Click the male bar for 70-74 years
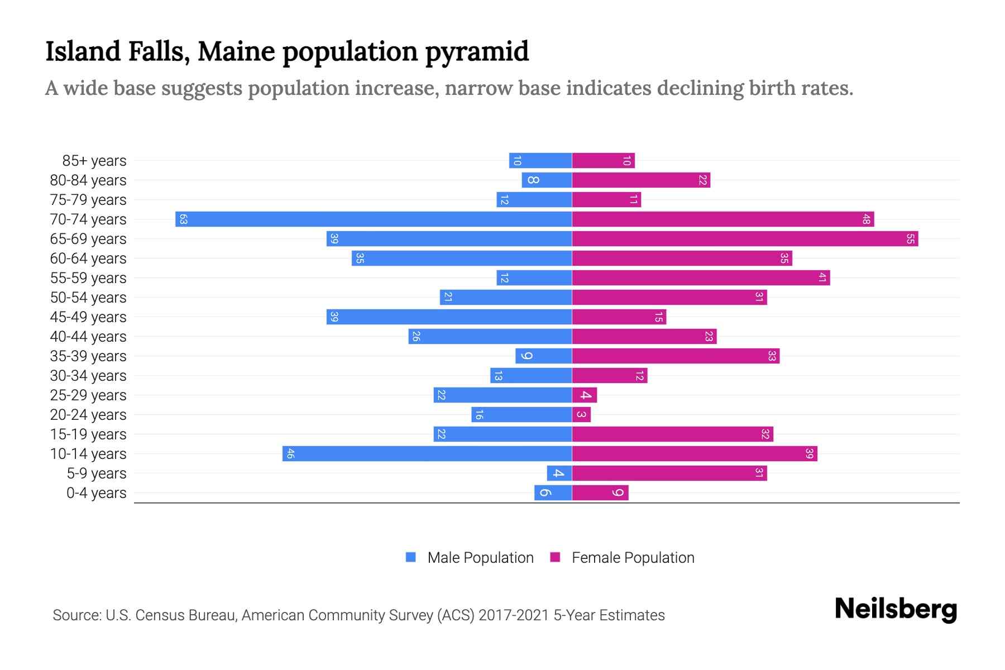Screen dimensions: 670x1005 [374, 219]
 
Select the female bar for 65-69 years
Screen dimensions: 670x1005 [745, 238]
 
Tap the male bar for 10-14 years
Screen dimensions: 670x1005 [427, 453]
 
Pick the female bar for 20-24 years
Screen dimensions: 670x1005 [581, 414]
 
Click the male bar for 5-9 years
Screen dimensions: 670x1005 [559, 473]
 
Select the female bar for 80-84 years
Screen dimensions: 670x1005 [641, 180]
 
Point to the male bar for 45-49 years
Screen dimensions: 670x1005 [449, 317]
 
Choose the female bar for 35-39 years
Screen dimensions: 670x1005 [676, 356]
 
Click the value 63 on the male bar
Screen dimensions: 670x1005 [183, 219]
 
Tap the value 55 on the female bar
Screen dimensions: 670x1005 [910, 238]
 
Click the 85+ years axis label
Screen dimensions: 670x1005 [94, 161]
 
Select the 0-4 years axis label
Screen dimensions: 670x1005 [96, 493]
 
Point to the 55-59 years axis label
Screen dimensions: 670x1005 [88, 278]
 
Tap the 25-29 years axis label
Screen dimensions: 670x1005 [88, 395]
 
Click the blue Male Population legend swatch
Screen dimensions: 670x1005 [411, 557]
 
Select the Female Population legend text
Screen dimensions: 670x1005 [633, 557]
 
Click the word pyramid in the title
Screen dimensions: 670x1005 [477, 52]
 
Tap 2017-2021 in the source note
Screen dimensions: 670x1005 [513, 615]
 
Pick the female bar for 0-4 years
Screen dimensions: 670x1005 [600, 492]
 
